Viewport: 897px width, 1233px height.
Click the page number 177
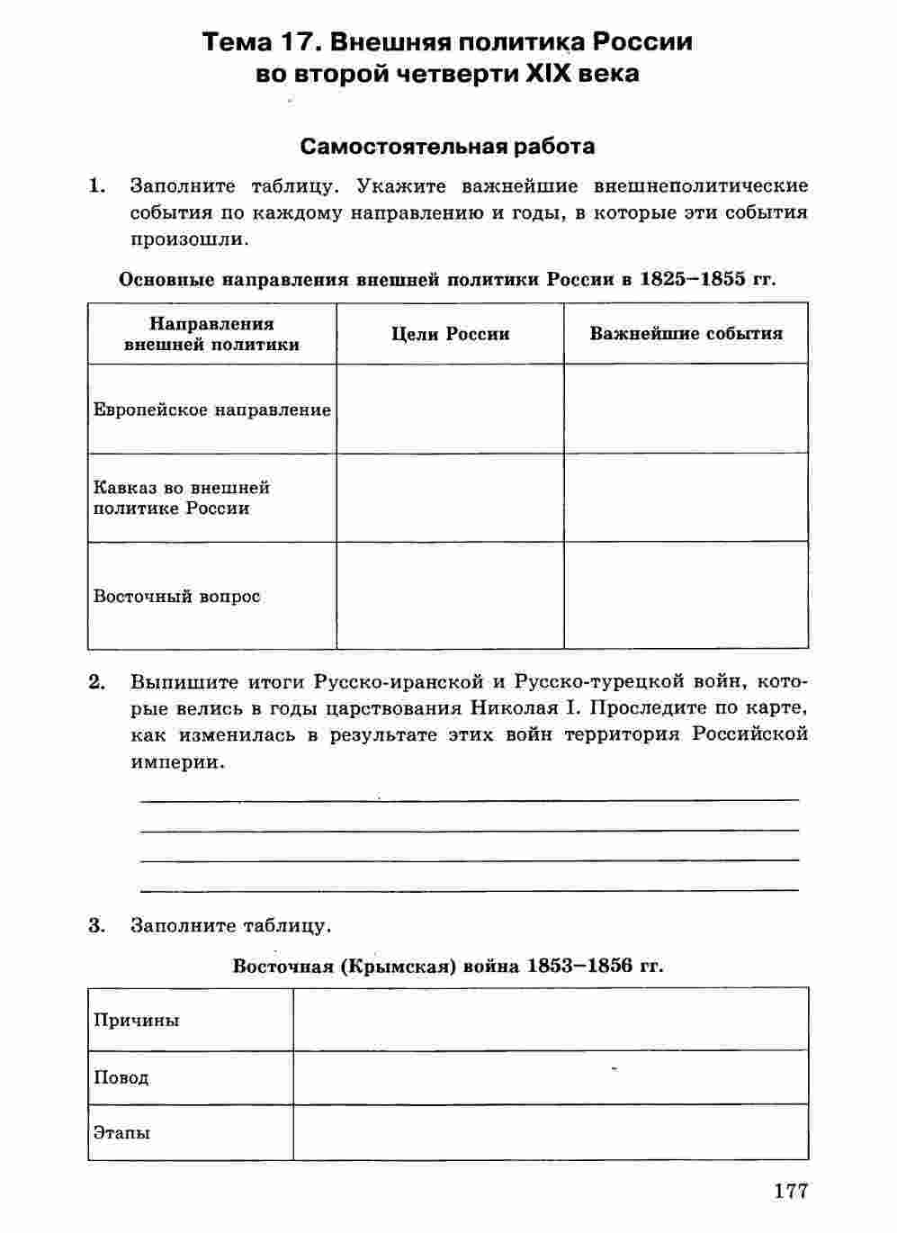pyautogui.click(x=791, y=1191)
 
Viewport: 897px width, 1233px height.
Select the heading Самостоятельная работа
pyautogui.click(x=447, y=146)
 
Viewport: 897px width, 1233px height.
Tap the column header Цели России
pyautogui.click(x=450, y=334)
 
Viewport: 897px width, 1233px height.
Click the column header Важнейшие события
pyautogui.click(x=686, y=334)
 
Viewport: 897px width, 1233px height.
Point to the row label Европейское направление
pyautogui.click(x=212, y=409)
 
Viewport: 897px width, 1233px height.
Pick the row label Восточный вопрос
pyautogui.click(x=176, y=596)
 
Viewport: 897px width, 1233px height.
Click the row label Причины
pyautogui.click(x=136, y=1020)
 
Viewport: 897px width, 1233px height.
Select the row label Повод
pyautogui.click(x=121, y=1077)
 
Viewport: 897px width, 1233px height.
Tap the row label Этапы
pyautogui.click(x=121, y=1132)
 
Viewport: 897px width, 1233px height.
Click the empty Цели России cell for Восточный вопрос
pyautogui.click(x=450, y=595)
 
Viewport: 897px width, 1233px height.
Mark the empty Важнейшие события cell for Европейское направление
pyautogui.click(x=686, y=409)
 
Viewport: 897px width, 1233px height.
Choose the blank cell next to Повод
pyautogui.click(x=550, y=1077)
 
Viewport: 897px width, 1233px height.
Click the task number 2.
pyautogui.click(x=97, y=681)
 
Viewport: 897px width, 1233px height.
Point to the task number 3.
pyautogui.click(x=97, y=925)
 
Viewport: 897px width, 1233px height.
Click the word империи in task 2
pyautogui.click(x=175, y=761)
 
